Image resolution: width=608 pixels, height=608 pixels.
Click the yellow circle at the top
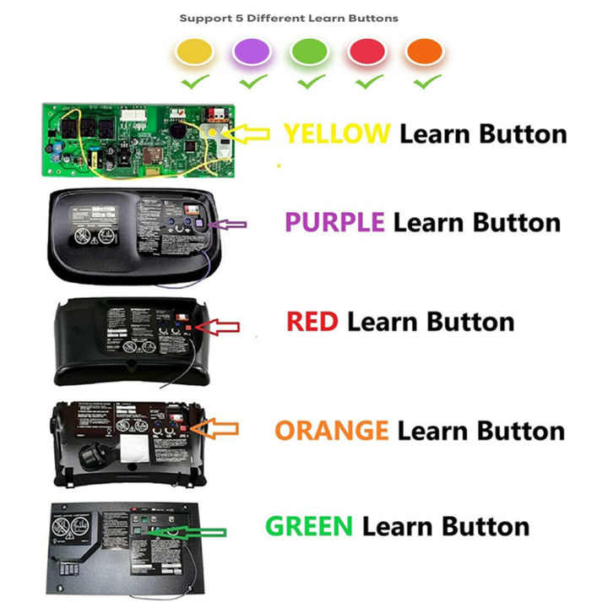193,52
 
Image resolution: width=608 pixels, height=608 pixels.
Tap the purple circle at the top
252,52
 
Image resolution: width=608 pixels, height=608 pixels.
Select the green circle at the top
309,52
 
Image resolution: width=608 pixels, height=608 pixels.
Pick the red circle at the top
366,52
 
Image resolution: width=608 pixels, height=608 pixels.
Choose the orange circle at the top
424,52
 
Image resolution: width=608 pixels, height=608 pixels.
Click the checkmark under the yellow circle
194,82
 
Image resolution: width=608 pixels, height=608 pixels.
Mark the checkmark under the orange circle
426,82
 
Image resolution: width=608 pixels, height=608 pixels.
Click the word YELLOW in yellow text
337,133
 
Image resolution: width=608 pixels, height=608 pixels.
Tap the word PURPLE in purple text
334,223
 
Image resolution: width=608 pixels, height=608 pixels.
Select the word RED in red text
312,322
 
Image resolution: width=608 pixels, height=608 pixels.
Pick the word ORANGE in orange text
332,431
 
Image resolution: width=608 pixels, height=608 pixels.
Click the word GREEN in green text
309,527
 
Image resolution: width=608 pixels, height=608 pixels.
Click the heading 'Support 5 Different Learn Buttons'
289,18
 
